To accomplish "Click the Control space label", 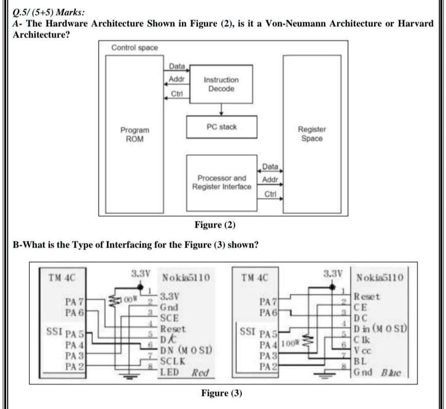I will click(x=134, y=48).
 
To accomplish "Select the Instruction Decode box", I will click(x=221, y=85).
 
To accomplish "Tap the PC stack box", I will click(x=221, y=127).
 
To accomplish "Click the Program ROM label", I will click(x=134, y=134).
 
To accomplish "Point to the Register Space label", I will click(x=312, y=134).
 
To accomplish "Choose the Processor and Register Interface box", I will click(x=222, y=183).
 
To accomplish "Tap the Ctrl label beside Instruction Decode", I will click(x=177, y=94).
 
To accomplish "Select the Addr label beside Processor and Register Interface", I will click(x=270, y=180).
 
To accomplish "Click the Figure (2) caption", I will click(x=215, y=225).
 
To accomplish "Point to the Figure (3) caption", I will click(x=221, y=393).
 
